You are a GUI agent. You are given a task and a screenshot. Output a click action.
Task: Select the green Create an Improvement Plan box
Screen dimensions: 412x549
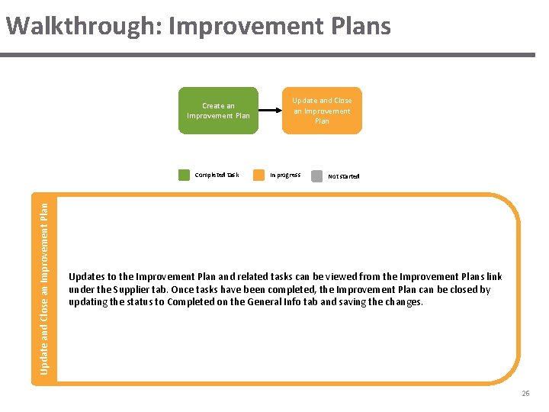pos(218,111)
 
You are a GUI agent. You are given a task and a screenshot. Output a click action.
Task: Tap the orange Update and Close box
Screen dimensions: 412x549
pos(322,111)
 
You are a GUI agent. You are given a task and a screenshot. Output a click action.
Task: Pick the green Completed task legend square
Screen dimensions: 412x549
pos(184,175)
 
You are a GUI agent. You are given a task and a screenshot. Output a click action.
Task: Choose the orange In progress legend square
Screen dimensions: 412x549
pos(258,175)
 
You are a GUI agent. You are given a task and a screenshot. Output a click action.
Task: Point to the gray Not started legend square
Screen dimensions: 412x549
pos(316,175)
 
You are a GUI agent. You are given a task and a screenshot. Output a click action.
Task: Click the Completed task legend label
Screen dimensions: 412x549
pos(217,175)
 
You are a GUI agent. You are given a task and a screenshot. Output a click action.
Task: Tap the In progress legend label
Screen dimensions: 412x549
pos(285,175)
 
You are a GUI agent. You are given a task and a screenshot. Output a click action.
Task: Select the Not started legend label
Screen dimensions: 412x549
pos(343,176)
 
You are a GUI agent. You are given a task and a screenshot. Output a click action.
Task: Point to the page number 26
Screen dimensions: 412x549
pos(525,394)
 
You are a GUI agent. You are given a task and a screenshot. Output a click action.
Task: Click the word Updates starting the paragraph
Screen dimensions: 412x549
pos(88,277)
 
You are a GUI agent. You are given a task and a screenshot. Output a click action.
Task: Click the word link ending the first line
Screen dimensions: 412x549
pos(493,277)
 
